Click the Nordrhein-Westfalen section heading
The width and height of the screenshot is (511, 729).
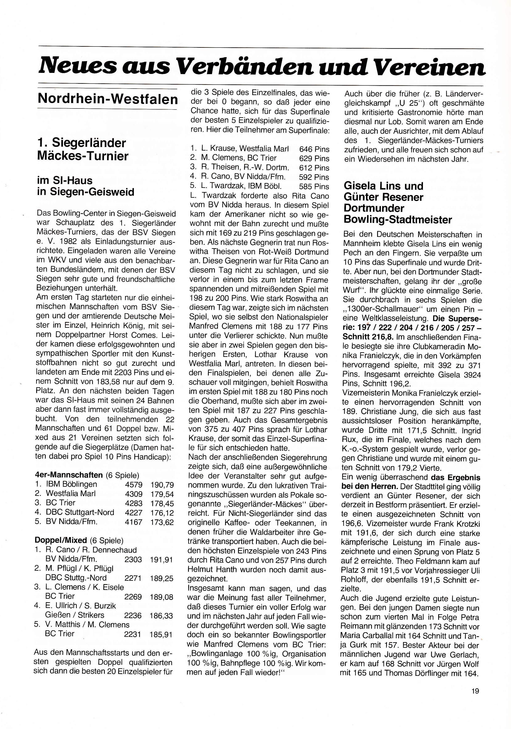[108, 99]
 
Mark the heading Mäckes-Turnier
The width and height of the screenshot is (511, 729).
[83, 156]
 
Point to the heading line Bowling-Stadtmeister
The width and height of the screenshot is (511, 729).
[398, 219]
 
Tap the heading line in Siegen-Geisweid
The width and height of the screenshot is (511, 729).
[86, 192]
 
